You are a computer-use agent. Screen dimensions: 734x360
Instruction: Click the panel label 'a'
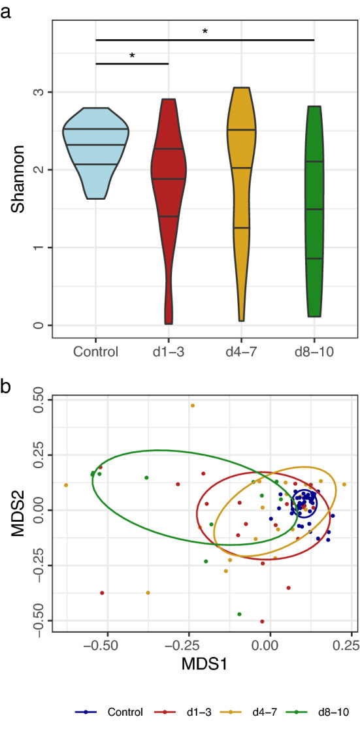click(x=6, y=11)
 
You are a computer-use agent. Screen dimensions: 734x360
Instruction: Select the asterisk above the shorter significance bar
click(x=132, y=56)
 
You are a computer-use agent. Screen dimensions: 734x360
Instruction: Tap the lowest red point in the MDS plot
click(x=262, y=621)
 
